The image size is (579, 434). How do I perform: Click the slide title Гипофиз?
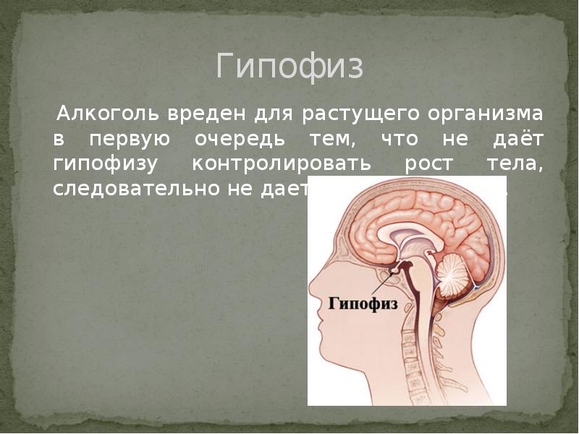pos(289,67)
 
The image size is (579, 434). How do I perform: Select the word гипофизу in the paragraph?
pos(104,163)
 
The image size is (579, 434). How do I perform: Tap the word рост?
pos(423,163)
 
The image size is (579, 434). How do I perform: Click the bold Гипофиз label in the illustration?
pos(364,304)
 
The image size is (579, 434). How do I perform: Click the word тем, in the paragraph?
pos(328,140)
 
